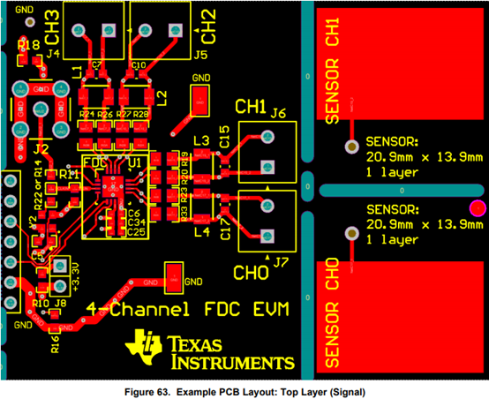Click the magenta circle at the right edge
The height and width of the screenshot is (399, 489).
[x=478, y=208]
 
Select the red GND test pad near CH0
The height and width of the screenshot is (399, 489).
[x=174, y=275]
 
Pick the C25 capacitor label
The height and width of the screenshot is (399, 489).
[x=135, y=232]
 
